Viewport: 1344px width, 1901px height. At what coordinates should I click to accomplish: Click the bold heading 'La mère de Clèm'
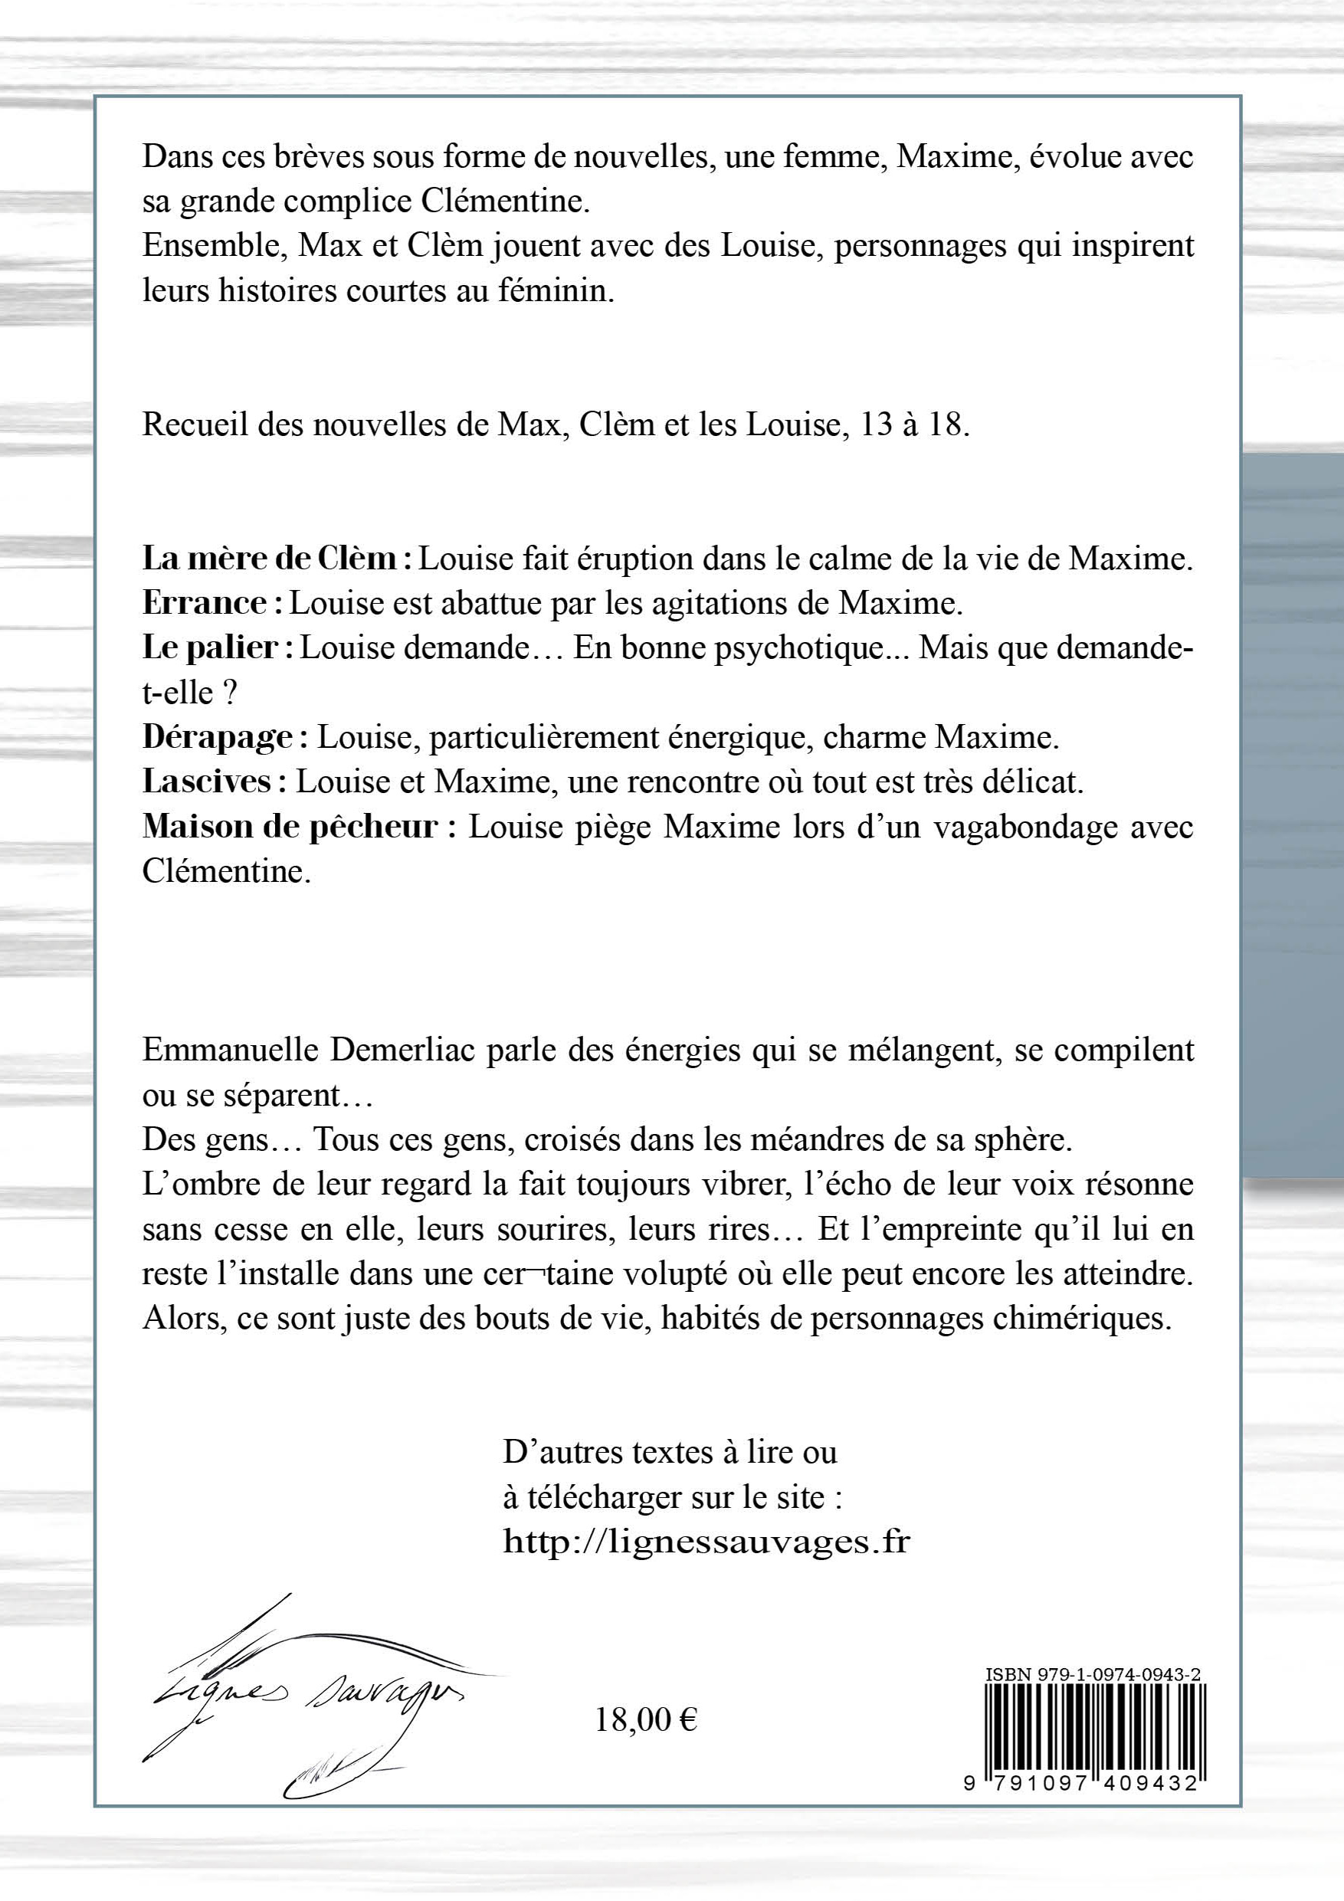(x=270, y=559)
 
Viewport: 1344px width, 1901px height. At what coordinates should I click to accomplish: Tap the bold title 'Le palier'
(x=209, y=648)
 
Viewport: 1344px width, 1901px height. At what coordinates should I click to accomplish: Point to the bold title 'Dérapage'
(x=218, y=738)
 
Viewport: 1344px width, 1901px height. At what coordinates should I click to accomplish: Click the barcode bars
(x=1095, y=1726)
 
